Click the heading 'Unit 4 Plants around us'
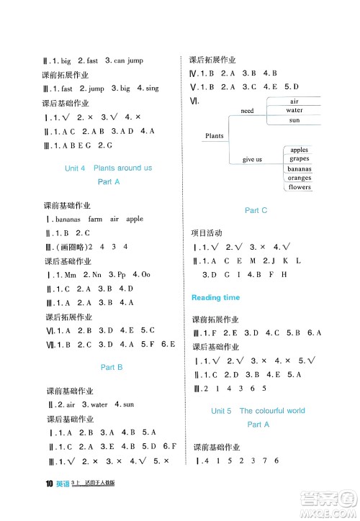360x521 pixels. pyautogui.click(x=108, y=168)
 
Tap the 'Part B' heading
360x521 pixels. pyautogui.click(x=112, y=367)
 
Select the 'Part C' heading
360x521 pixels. pyautogui.click(x=256, y=210)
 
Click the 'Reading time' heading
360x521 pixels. pyautogui.click(x=216, y=297)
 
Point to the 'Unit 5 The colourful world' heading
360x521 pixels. pyautogui.click(x=257, y=411)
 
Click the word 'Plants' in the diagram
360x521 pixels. pyautogui.click(x=215, y=135)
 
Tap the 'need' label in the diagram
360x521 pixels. pyautogui.click(x=248, y=111)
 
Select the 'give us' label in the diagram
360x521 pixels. pyautogui.click(x=252, y=159)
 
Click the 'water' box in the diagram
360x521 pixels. pyautogui.click(x=294, y=111)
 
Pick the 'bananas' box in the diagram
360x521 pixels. pyautogui.click(x=299, y=168)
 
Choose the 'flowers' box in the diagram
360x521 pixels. pyautogui.click(x=299, y=187)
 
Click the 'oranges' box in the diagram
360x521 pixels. pyautogui.click(x=299, y=178)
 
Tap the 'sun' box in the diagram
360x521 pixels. pyautogui.click(x=294, y=120)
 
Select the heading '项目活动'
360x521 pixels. pyautogui.click(x=207, y=233)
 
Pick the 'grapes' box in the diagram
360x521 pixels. pyautogui.click(x=299, y=158)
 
